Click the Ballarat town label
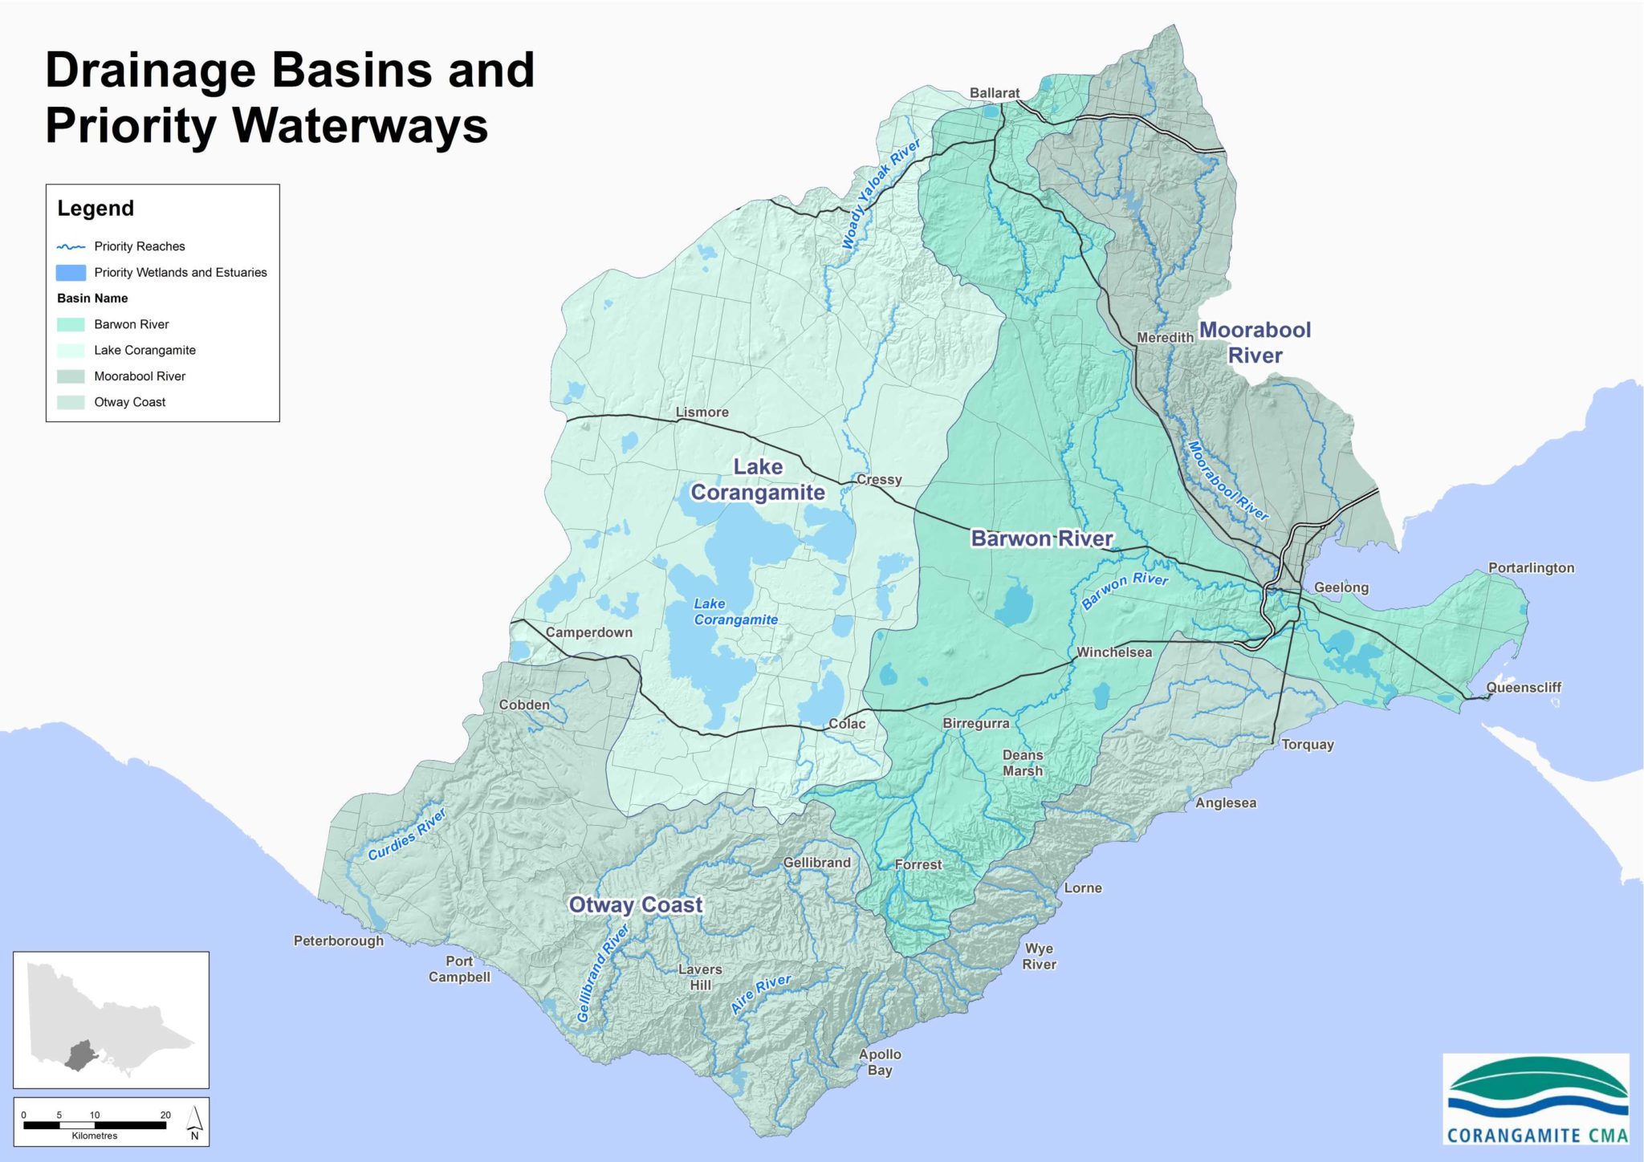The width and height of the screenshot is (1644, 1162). click(x=994, y=93)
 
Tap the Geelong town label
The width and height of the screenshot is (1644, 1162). click(x=1341, y=587)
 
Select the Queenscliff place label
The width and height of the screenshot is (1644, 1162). click(x=1523, y=688)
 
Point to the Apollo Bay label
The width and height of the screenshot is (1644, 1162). click(x=880, y=1062)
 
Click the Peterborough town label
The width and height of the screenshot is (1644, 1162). click(x=338, y=941)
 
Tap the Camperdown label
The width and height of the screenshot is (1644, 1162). click(x=588, y=632)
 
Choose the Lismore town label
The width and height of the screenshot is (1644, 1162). click(x=702, y=412)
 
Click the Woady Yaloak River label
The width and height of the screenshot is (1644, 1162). click(x=881, y=195)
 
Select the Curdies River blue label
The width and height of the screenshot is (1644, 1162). click(x=407, y=835)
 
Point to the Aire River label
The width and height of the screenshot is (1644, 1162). click(x=760, y=993)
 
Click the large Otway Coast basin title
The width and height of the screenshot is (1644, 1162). click(x=635, y=905)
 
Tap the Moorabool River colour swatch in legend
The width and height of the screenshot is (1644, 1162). click(x=71, y=376)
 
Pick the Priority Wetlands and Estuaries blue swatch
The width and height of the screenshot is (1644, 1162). click(x=71, y=273)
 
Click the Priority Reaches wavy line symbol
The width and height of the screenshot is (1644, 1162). click(x=71, y=247)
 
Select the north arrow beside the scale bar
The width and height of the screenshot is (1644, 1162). click(x=194, y=1122)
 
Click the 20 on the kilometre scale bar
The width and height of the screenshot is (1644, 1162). click(x=165, y=1115)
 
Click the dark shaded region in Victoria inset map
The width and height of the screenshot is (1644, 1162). click(x=79, y=1054)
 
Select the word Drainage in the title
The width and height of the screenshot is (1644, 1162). click(x=150, y=71)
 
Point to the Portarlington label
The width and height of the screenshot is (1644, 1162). click(x=1531, y=568)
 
